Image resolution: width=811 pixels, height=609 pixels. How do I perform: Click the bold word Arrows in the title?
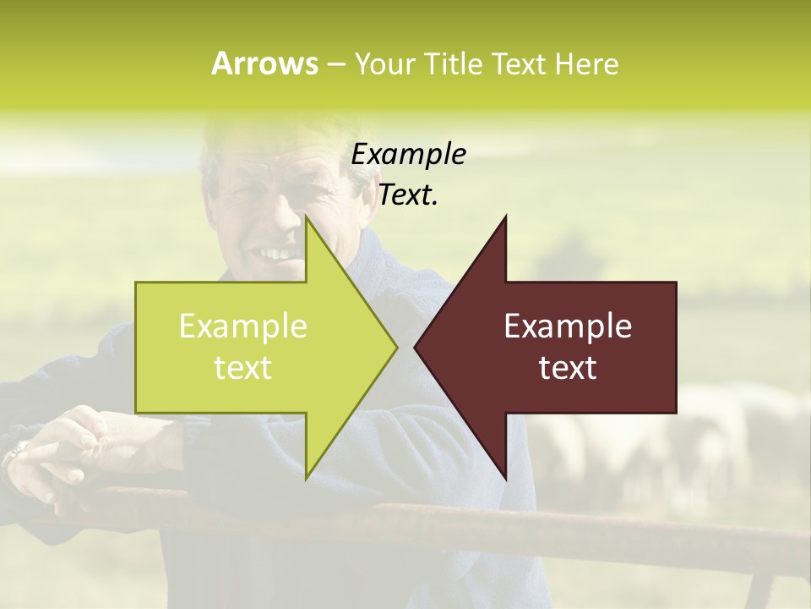pyautogui.click(x=264, y=63)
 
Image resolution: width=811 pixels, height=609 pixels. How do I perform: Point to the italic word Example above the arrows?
pyautogui.click(x=408, y=155)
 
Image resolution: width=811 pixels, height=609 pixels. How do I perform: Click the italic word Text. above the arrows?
pyautogui.click(x=408, y=195)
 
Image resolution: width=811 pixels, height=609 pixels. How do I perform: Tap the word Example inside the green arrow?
pyautogui.click(x=243, y=326)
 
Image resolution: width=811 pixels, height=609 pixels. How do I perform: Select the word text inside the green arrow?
pyautogui.click(x=243, y=368)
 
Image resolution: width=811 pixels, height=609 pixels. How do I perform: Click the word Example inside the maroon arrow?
pyautogui.click(x=568, y=326)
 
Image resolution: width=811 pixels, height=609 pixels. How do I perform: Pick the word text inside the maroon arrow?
pyautogui.click(x=568, y=368)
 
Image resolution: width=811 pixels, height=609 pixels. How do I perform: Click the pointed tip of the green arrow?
pyautogui.click(x=396, y=346)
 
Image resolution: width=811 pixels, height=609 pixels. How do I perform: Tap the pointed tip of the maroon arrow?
pyautogui.click(x=415, y=346)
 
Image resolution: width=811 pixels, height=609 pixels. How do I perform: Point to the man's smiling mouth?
pyautogui.click(x=277, y=253)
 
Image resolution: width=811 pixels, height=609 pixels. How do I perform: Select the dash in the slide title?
pyautogui.click(x=336, y=64)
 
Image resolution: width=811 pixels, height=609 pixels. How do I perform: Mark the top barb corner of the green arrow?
pyautogui.click(x=307, y=217)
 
